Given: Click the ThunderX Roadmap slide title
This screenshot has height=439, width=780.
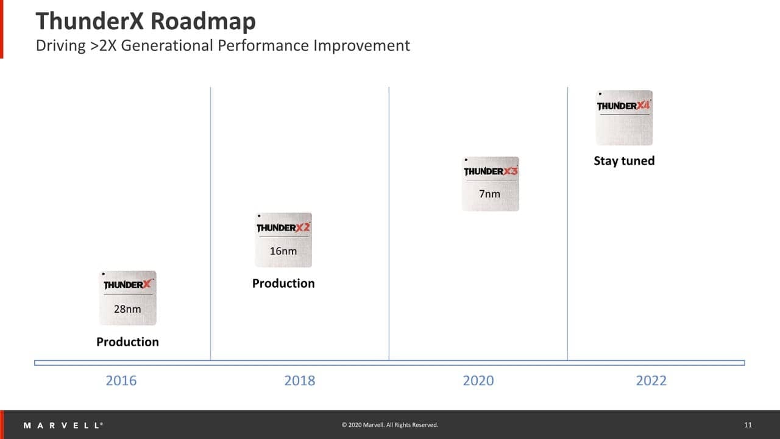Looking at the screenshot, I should pos(146,21).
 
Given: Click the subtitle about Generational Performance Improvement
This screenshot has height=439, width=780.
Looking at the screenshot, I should pos(222,46).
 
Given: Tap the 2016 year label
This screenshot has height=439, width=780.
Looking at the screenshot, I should pos(121,381).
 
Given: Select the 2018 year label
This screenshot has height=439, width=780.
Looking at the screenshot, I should pos(300,381).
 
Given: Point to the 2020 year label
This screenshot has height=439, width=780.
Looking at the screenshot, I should pos(478,381).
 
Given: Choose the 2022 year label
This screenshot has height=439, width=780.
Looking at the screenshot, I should pos(651,381).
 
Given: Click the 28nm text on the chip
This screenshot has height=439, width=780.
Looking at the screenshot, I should pos(127,309).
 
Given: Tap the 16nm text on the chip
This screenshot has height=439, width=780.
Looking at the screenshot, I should pos(283,251).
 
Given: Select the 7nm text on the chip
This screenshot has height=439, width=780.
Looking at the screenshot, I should pos(489,194).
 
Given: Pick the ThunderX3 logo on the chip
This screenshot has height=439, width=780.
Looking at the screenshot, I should pos(491,171).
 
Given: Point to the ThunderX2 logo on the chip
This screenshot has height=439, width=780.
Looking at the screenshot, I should pos(283,227).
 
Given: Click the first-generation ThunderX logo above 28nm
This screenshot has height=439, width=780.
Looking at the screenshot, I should pos(127,285).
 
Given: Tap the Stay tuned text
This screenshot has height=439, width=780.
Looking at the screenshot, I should pos(624,161).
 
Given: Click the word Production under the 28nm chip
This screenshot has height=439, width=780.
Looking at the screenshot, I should pos(127,342).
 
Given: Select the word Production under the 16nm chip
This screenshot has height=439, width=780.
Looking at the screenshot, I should pos(283,284).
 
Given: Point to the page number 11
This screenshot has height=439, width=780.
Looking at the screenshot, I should pos(748,425).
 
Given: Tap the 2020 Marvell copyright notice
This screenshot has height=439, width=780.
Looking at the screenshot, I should pos(390,425).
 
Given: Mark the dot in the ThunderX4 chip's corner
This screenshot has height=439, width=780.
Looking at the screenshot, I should pos(600,95).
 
